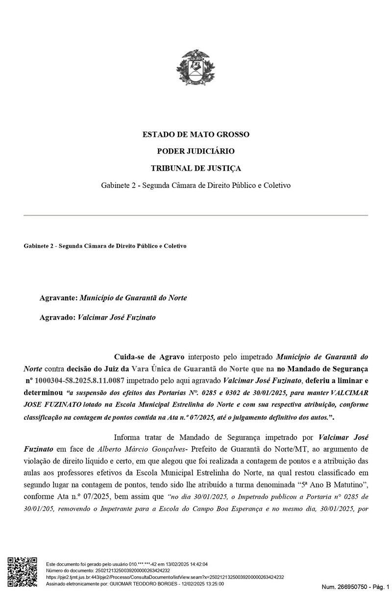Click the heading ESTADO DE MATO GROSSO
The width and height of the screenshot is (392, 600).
click(x=196, y=134)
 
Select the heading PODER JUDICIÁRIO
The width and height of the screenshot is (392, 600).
click(x=196, y=151)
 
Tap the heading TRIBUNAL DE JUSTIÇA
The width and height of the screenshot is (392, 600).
click(x=196, y=168)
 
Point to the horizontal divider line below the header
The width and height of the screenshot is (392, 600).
click(x=196, y=215)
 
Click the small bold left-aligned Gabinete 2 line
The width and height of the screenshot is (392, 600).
click(x=105, y=246)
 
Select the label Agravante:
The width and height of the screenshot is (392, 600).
click(x=58, y=298)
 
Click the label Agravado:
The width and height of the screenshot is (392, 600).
click(x=57, y=317)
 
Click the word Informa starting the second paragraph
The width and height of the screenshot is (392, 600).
click(x=128, y=437)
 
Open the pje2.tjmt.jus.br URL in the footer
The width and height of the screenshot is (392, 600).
click(x=165, y=577)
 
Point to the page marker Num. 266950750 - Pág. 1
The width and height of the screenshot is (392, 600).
click(x=355, y=586)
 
